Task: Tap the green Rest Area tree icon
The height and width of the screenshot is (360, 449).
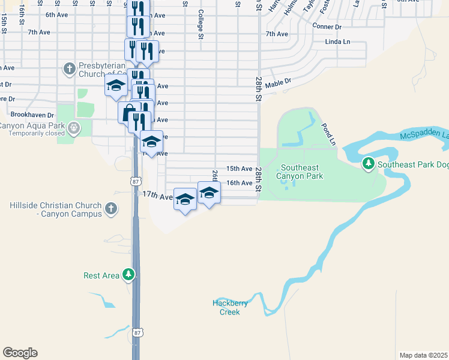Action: [128, 275]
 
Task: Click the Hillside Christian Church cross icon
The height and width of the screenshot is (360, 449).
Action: [110, 208]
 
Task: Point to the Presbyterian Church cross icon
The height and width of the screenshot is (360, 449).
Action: [68, 69]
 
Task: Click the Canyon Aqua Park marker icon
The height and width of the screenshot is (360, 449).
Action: [74, 128]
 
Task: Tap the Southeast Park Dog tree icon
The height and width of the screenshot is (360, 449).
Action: [368, 163]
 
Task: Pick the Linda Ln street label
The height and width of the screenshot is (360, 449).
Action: [337, 42]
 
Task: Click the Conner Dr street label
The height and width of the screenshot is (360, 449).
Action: [327, 26]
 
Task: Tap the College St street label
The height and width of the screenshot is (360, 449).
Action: [201, 25]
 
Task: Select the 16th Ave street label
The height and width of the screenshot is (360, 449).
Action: [239, 183]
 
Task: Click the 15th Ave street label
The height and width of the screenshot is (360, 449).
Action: [239, 169]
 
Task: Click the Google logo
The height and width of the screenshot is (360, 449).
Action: [20, 353]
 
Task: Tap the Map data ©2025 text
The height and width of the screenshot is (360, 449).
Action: [423, 355]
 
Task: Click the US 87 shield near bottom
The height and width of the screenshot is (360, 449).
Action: [138, 332]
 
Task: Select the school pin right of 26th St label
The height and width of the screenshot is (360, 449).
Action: [209, 193]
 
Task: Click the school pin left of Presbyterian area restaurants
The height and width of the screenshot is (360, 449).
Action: [115, 85]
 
